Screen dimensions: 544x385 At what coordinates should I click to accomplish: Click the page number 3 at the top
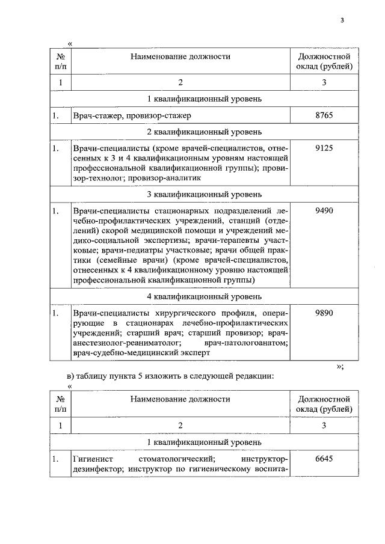tap(341, 21)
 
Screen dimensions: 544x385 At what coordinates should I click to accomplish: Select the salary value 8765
tap(324, 115)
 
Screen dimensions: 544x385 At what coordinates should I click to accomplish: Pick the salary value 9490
tap(324, 211)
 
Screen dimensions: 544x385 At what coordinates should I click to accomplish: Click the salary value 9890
tap(324, 313)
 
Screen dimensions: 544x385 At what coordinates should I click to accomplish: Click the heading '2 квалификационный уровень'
tap(204, 131)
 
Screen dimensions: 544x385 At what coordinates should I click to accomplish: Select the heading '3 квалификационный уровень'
tap(204, 195)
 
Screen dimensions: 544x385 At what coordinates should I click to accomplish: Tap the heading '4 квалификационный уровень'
tap(204, 296)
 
